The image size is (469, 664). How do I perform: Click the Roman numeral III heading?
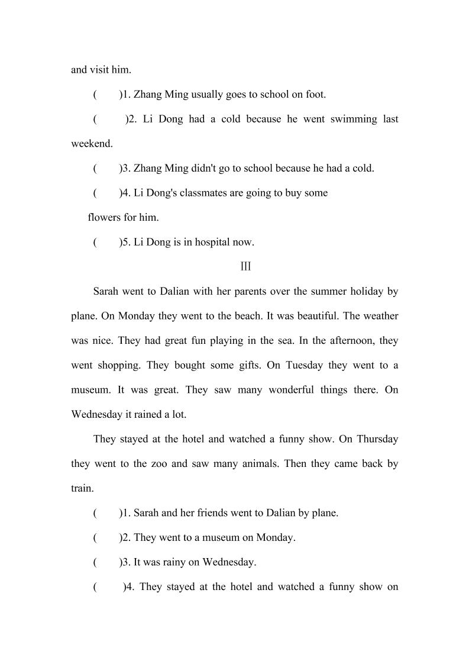pos(245,267)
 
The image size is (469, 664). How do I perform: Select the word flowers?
pos(103,217)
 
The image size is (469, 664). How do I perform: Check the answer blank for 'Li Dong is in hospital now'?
pos(107,242)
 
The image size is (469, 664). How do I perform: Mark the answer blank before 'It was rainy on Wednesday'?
pos(107,562)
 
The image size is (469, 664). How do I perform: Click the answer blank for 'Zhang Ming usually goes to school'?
pos(107,94)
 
